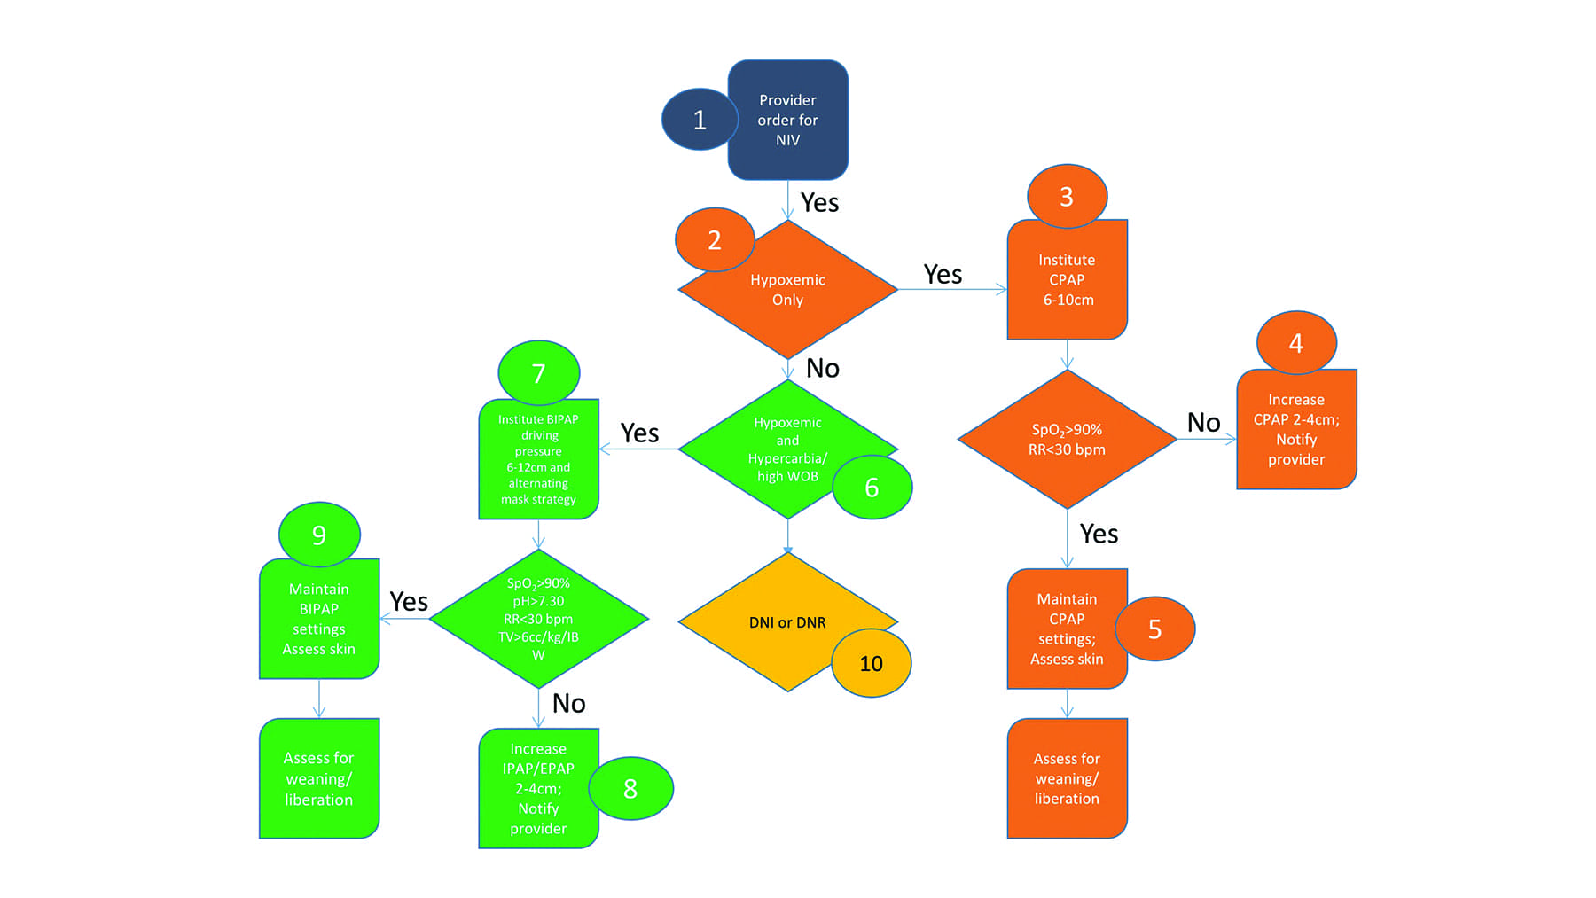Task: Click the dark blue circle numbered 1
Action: [x=699, y=120]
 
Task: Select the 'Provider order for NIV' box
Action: [x=788, y=121]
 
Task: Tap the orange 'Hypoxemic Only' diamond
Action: [x=787, y=290]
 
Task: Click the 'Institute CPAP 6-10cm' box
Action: [x=1067, y=280]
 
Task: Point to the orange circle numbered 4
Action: [x=1295, y=343]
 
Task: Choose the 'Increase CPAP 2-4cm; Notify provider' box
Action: [x=1295, y=430]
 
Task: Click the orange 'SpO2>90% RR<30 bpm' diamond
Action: [x=1067, y=440]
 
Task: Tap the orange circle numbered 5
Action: [x=1154, y=629]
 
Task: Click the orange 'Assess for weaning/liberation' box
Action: [x=1067, y=778]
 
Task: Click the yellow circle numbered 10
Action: [x=871, y=664]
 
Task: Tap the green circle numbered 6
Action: [x=872, y=488]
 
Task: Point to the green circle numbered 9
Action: [x=319, y=535]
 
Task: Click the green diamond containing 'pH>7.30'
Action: [x=538, y=619]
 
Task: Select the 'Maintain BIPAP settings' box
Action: [x=319, y=619]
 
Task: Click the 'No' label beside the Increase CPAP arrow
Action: [x=1203, y=423]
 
